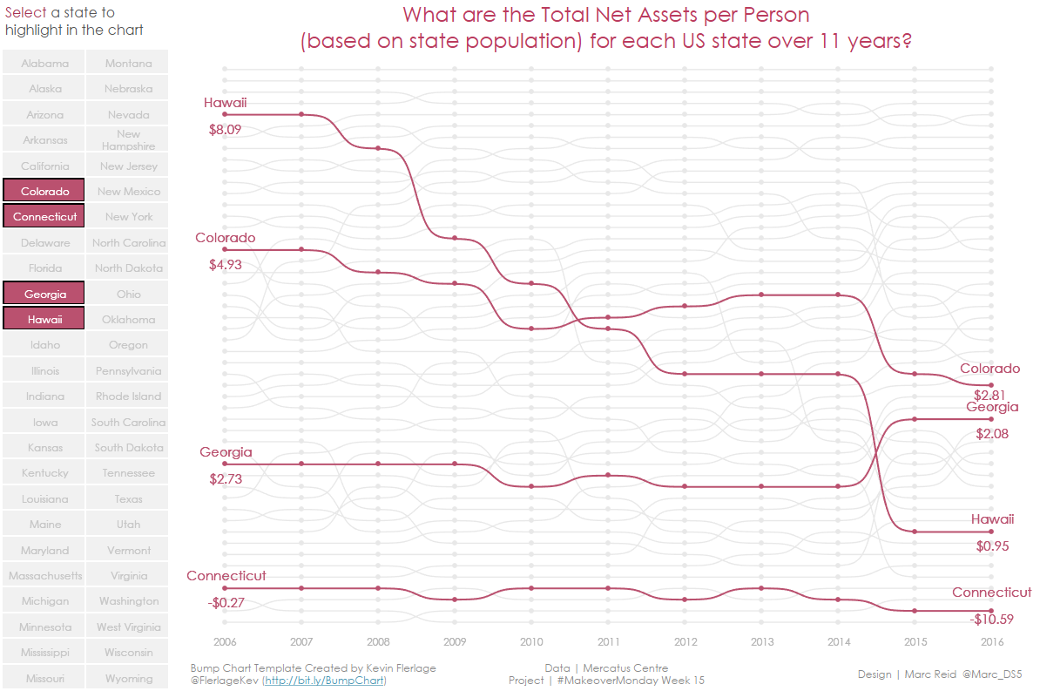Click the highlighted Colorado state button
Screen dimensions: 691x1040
click(44, 191)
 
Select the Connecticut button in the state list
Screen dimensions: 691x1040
click(44, 216)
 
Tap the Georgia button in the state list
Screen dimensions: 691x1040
click(44, 294)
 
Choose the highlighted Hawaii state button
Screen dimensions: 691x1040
click(44, 319)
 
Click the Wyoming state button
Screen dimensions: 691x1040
click(128, 678)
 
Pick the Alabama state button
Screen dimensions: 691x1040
click(44, 63)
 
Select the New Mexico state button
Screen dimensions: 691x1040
click(128, 191)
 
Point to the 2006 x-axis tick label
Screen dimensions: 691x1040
click(225, 642)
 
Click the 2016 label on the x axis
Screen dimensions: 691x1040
click(991, 642)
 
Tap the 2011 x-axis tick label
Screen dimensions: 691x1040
click(608, 642)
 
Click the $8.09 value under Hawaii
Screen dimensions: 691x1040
click(225, 130)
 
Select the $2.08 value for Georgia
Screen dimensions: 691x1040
click(992, 434)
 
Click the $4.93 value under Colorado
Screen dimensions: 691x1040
click(225, 265)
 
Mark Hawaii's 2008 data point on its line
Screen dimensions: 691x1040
click(378, 148)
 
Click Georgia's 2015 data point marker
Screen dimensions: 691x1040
click(915, 419)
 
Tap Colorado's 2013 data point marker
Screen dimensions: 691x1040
click(761, 295)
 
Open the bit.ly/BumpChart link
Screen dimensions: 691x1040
click(324, 681)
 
